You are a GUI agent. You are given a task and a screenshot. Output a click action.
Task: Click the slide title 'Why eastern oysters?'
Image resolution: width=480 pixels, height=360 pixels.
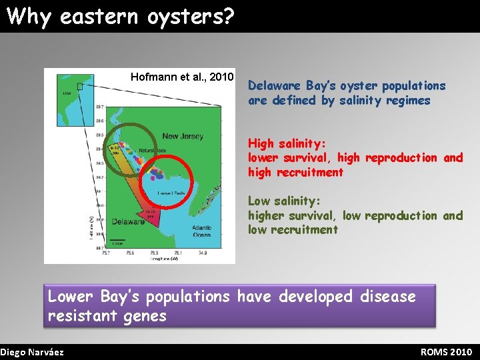[x=121, y=16]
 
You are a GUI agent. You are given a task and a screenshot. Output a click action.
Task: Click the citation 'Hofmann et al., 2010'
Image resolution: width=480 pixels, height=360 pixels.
[x=181, y=77]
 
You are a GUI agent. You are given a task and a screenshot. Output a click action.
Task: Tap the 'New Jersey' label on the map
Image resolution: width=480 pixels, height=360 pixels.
[x=183, y=136]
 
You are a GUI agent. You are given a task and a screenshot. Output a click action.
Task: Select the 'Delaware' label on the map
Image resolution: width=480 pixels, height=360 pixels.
[x=128, y=221]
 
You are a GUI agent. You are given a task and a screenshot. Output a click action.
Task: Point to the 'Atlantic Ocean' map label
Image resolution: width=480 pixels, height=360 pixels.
[x=201, y=231]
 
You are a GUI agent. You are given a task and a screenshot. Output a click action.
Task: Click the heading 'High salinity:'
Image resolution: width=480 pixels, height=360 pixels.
[x=287, y=143]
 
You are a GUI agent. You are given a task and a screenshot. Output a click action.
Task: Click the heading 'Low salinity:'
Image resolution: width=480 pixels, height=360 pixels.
[x=285, y=201]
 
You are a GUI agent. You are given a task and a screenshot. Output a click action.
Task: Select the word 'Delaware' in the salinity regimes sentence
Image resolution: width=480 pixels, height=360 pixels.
[x=274, y=86]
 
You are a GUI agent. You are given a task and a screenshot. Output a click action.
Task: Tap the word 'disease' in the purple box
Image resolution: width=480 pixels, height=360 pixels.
[x=387, y=296]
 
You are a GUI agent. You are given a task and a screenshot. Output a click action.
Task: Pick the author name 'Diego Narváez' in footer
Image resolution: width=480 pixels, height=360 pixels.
[x=32, y=352]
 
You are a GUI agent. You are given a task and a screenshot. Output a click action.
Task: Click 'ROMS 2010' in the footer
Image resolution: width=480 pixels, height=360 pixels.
[x=446, y=352]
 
